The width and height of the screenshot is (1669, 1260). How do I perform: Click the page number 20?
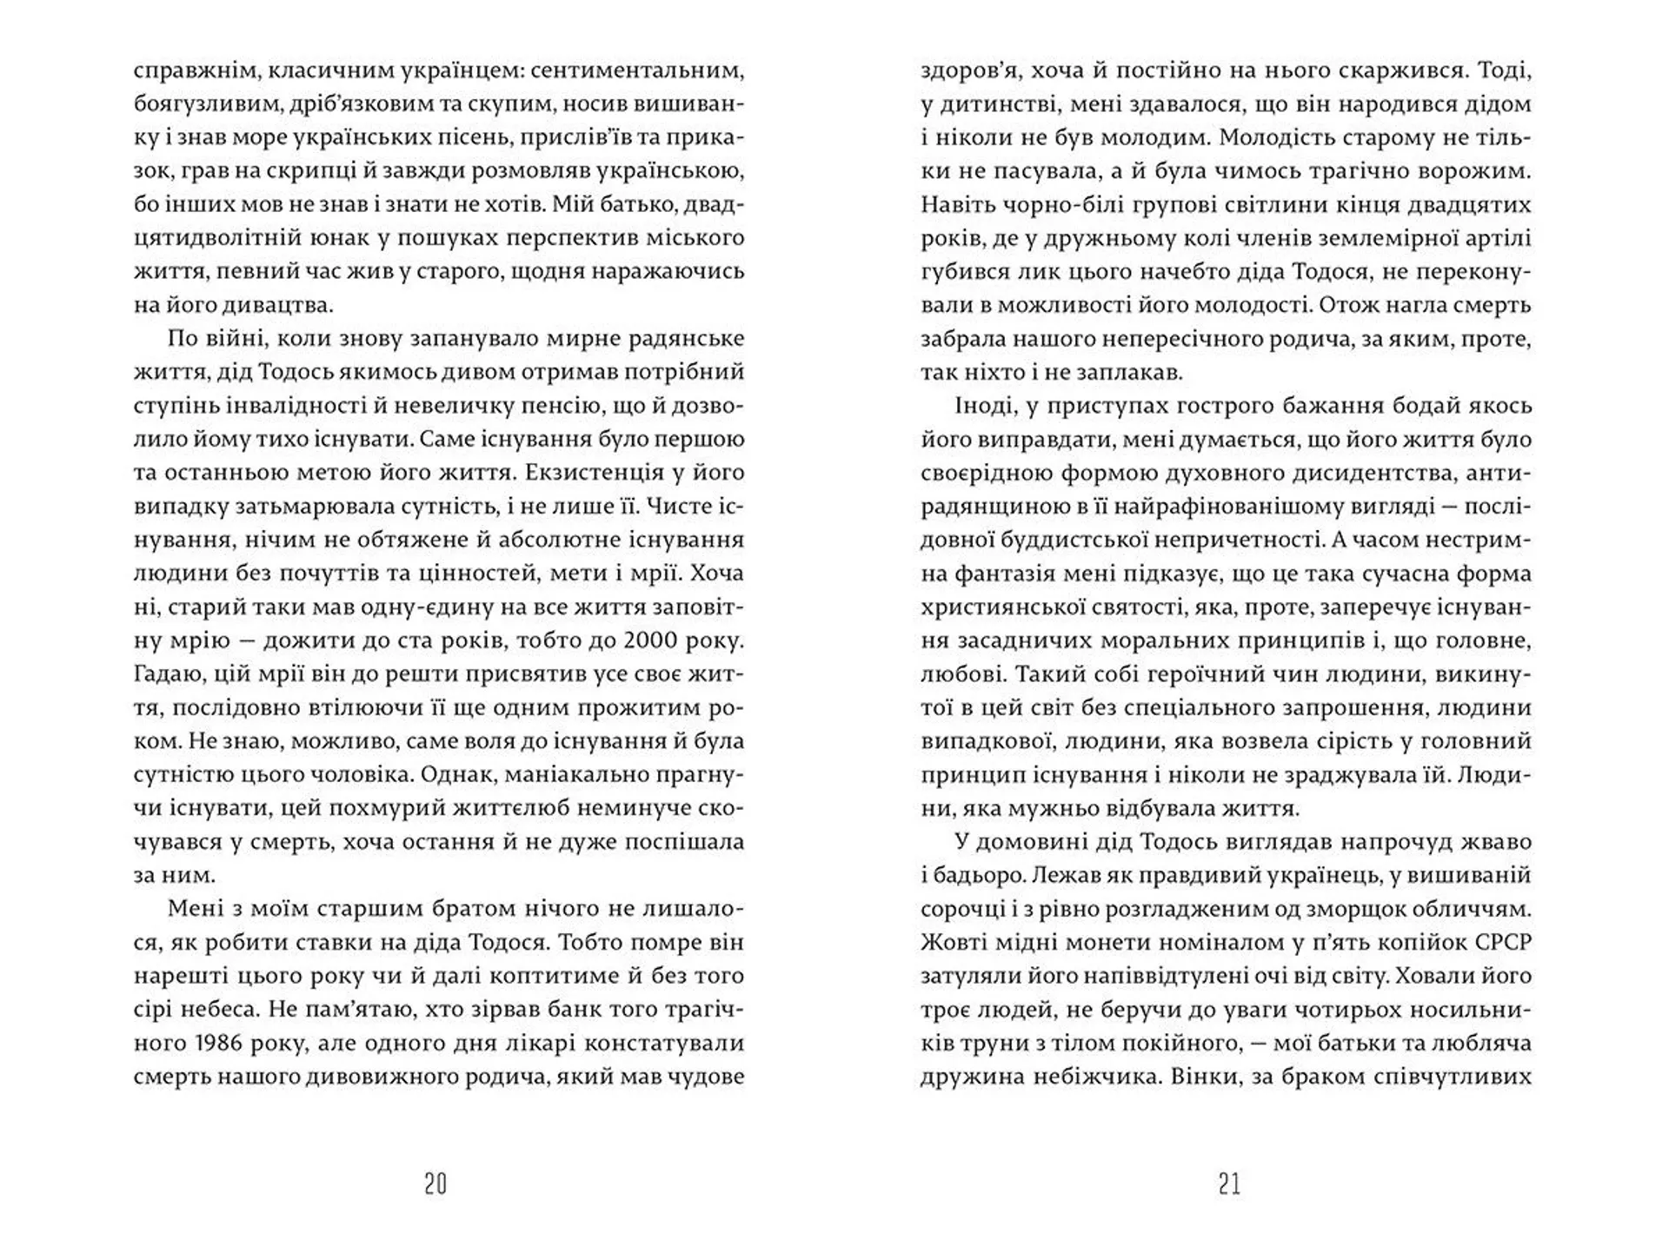pyautogui.click(x=436, y=1184)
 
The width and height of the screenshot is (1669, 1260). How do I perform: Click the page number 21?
pyautogui.click(x=1229, y=1184)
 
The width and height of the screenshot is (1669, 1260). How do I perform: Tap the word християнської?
pyautogui.click(x=1001, y=607)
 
